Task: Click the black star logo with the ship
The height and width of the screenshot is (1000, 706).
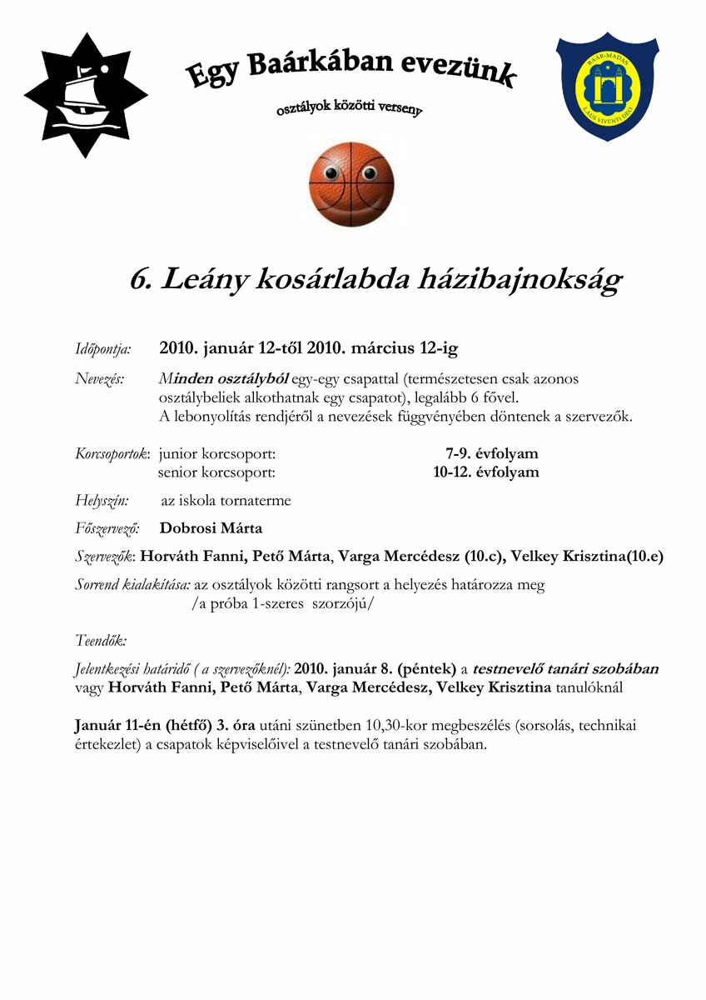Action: click(x=85, y=95)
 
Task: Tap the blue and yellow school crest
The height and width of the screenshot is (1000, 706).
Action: click(x=607, y=86)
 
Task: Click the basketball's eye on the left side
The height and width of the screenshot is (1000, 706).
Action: click(x=331, y=174)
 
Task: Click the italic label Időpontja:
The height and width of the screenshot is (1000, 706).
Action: click(x=103, y=348)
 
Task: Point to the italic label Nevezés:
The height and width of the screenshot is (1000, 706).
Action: click(x=100, y=379)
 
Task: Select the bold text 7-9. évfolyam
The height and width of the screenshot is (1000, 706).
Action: click(x=491, y=454)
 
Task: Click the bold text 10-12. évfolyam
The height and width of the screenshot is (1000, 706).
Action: click(x=485, y=472)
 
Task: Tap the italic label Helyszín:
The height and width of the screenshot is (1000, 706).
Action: click(x=102, y=501)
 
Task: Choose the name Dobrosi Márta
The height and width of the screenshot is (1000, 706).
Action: click(x=211, y=528)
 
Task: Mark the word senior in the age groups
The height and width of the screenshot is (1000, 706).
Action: click(x=179, y=472)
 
